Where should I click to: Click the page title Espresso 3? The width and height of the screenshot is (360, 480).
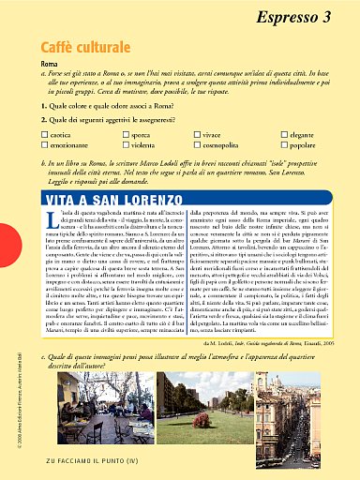292,16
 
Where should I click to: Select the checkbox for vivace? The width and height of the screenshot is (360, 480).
197,136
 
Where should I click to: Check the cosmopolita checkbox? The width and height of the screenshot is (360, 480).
197,145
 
